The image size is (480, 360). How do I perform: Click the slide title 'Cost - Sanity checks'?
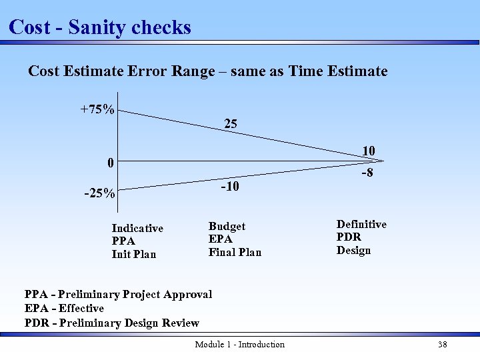click(100, 27)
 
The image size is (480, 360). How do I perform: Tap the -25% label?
click(99, 195)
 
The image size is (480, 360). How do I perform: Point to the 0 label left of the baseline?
click(111, 163)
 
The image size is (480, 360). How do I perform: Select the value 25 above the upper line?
click(230, 124)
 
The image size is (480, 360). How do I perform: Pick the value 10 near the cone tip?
click(368, 151)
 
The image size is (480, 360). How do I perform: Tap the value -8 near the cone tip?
click(367, 174)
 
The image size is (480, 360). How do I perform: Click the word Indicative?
click(137, 228)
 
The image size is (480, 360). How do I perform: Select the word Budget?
click(227, 227)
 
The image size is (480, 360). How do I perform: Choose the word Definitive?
click(361, 225)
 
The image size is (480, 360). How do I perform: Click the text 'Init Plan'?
click(133, 254)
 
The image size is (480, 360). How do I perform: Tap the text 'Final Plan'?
click(235, 252)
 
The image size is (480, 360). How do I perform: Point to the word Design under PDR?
click(353, 251)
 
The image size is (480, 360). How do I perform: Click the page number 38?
click(442, 345)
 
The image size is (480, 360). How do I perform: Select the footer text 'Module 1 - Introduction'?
click(239, 345)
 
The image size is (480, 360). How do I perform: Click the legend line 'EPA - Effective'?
click(64, 308)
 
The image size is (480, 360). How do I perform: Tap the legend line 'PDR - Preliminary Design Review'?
click(112, 323)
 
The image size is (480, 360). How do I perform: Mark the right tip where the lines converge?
click(384, 161)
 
